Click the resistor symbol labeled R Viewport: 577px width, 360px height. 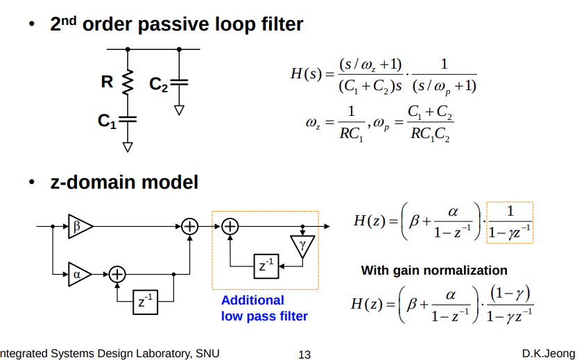[128, 83]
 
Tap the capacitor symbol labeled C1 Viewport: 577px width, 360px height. [128, 120]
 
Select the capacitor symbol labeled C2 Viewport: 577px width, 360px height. [179, 82]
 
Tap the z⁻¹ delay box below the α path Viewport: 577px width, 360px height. [146, 302]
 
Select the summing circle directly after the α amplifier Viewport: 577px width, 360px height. [117, 275]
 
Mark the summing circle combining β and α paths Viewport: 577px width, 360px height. [189, 226]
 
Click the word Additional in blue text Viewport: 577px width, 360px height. [252, 300]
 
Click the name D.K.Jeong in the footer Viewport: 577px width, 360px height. [548, 354]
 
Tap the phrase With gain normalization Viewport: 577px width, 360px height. [434, 271]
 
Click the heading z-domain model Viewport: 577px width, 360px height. [124, 182]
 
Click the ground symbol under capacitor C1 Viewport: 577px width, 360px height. [128, 146]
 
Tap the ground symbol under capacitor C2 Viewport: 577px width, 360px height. [179, 110]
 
